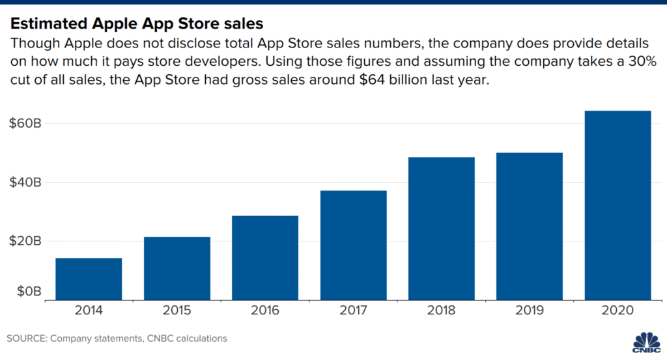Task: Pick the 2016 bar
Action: click(265, 258)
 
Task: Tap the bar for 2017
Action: click(353, 245)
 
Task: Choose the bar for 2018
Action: click(442, 228)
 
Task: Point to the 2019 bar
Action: click(530, 226)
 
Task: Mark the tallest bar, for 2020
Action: click(618, 205)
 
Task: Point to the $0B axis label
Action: click(29, 290)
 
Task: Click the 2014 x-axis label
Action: click(89, 311)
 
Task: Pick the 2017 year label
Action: click(353, 311)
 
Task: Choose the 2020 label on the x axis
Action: click(618, 311)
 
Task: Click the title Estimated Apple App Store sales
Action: click(136, 24)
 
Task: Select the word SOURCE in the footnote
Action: click(27, 339)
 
